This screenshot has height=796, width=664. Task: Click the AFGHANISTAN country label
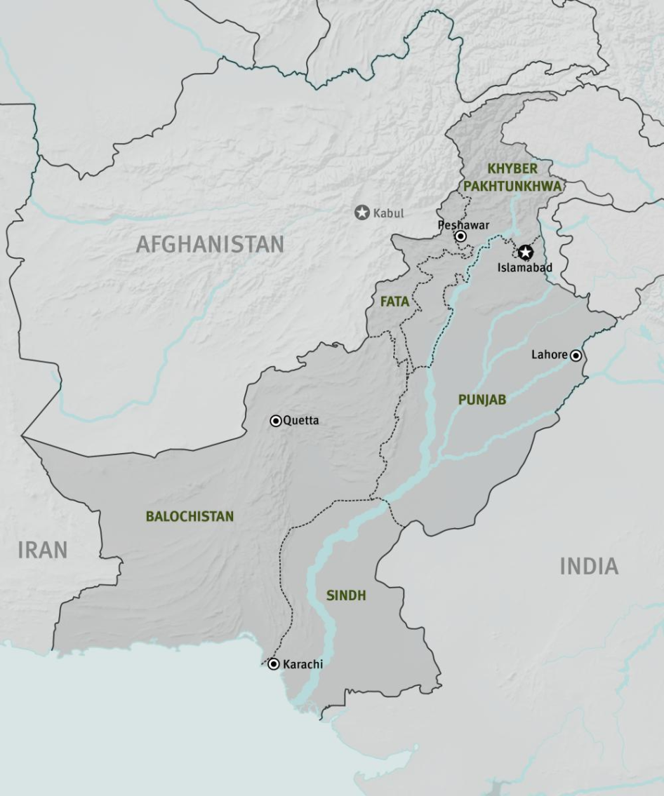pyautogui.click(x=210, y=244)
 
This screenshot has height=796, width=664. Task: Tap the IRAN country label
pyautogui.click(x=43, y=550)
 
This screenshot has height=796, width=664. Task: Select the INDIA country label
pyautogui.click(x=589, y=566)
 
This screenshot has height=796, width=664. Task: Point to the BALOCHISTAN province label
pyautogui.click(x=190, y=516)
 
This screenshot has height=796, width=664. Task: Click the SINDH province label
pyautogui.click(x=346, y=595)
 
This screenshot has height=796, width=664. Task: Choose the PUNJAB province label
pyautogui.click(x=482, y=399)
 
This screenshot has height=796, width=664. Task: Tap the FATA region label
pyautogui.click(x=394, y=302)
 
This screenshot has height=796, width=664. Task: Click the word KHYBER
pyautogui.click(x=512, y=168)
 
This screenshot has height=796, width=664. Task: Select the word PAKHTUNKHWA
pyautogui.click(x=512, y=186)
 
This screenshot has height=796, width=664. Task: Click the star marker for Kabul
pyautogui.click(x=361, y=213)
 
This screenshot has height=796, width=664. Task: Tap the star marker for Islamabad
pyautogui.click(x=526, y=252)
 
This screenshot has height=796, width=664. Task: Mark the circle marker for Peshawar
pyautogui.click(x=460, y=237)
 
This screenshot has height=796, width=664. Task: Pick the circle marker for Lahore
pyautogui.click(x=576, y=356)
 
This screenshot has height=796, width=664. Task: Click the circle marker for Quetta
pyautogui.click(x=276, y=421)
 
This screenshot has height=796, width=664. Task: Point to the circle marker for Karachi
pyautogui.click(x=274, y=663)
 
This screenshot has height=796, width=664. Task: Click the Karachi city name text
pyautogui.click(x=303, y=664)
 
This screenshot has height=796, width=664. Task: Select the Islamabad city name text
pyautogui.click(x=525, y=267)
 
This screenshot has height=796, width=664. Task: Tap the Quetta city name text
pyautogui.click(x=301, y=420)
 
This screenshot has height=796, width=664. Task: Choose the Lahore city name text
pyautogui.click(x=549, y=355)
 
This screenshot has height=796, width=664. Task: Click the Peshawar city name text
pyautogui.click(x=463, y=225)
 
